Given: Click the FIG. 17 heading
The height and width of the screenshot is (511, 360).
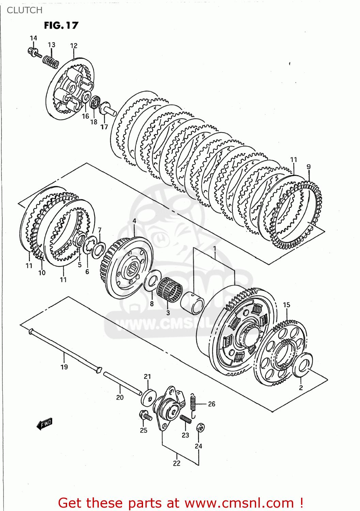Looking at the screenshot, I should (61, 26).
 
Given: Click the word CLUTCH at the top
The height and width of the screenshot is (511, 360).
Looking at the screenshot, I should (25, 10).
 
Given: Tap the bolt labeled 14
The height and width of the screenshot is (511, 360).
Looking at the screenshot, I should (34, 52).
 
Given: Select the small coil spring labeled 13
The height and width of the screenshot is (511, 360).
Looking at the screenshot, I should (51, 62).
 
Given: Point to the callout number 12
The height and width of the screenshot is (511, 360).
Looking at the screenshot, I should (74, 46).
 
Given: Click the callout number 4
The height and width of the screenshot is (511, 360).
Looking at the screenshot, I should (134, 221).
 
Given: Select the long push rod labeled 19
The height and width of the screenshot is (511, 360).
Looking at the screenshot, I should (65, 351).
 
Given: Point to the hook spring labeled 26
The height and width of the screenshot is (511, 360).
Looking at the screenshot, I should (193, 405).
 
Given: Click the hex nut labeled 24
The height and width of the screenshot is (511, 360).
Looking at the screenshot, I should (201, 428).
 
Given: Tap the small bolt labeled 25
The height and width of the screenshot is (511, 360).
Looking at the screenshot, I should (145, 416).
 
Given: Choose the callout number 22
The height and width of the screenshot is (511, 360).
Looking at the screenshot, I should (176, 463).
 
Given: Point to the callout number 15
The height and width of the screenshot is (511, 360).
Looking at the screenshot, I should (286, 305).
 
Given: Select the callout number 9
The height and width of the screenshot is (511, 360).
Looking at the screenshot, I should (309, 167).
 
